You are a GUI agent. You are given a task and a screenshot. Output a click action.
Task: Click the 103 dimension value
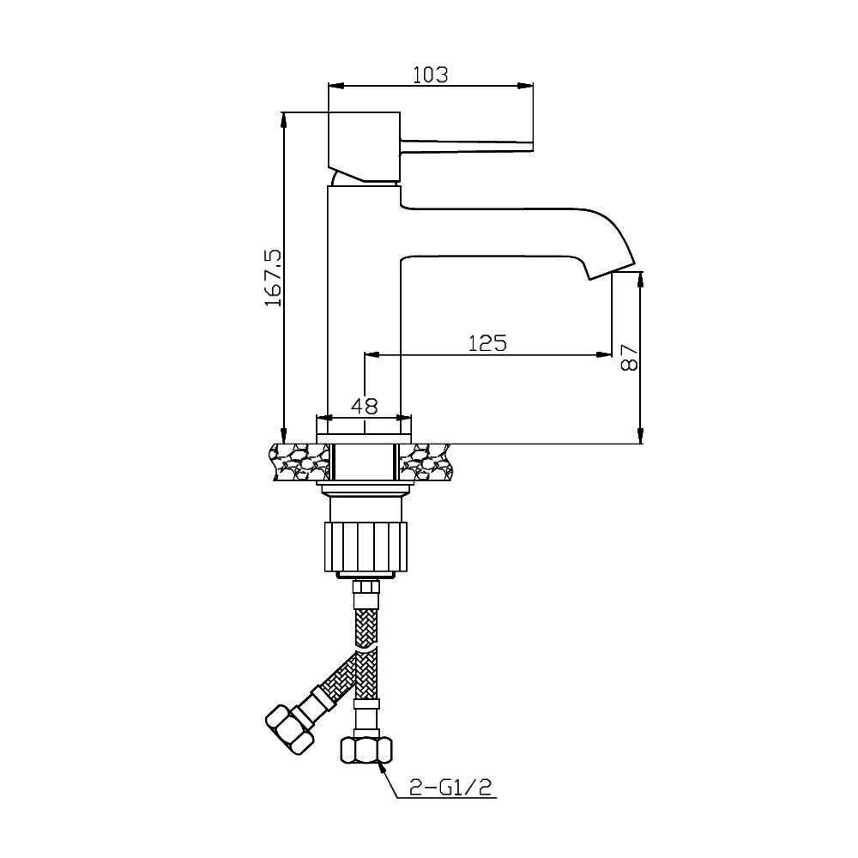point(430,74)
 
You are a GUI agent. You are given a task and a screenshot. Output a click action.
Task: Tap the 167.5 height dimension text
point(273,277)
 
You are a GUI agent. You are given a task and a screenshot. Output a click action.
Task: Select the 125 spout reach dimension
point(487,343)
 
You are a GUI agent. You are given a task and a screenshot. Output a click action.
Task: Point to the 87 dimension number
point(630,358)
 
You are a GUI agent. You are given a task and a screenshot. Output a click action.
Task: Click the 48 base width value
point(364,406)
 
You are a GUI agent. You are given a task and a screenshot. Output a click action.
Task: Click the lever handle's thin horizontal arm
point(466,144)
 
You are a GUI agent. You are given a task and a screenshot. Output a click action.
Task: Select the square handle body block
point(364,147)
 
